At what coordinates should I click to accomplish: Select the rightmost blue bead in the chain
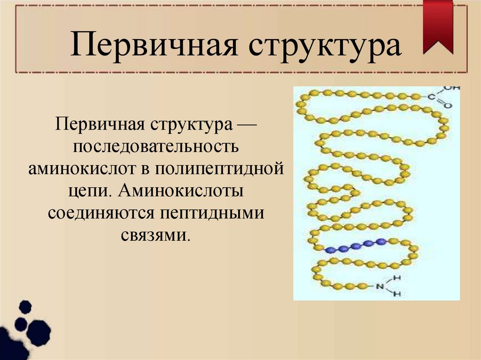[x=381, y=242]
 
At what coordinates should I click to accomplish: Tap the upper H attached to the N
[x=397, y=278]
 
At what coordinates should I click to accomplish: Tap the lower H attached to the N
[x=397, y=294]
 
